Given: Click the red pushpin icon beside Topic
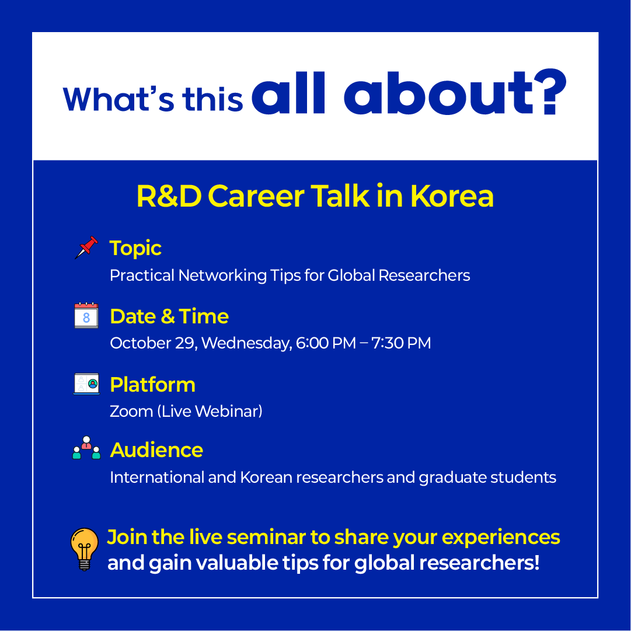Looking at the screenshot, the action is [86, 247].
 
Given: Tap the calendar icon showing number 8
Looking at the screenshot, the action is [86, 315].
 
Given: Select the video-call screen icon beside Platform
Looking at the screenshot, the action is [86, 384].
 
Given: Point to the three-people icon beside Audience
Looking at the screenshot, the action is [86, 448].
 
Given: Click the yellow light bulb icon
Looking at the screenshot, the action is [85, 549].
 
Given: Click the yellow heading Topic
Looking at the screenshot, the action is [135, 248].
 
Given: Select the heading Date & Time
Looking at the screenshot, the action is [169, 316].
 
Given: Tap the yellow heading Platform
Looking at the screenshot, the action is [152, 385].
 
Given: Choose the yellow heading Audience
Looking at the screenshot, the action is [156, 450].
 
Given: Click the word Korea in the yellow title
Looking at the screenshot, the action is [452, 196].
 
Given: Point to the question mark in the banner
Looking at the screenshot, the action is [550, 92].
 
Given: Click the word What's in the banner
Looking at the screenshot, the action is [118, 99].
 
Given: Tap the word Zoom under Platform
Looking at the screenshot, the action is [131, 412].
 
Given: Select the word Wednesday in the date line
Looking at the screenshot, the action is [247, 343].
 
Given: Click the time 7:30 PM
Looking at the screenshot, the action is [401, 343].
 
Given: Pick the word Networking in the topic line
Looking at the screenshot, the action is [222, 276].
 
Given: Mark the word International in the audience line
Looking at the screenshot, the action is [157, 477].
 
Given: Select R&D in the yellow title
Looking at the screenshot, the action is [169, 196].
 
